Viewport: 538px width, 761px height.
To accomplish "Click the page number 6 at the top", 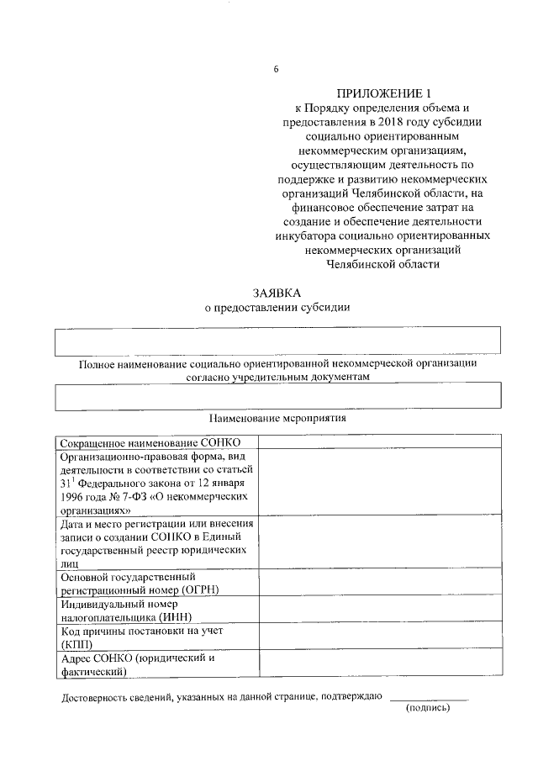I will [x=275, y=69].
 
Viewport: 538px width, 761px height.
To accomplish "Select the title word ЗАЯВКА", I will [x=277, y=293].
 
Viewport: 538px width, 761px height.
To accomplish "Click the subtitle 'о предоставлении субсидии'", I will [x=277, y=307].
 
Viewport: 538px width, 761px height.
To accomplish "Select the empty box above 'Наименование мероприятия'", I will [x=277, y=395].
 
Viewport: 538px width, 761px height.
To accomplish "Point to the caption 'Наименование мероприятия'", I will [x=277, y=417].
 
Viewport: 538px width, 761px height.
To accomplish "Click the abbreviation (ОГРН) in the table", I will [x=194, y=589].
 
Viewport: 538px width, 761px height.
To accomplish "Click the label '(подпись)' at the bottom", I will [x=428, y=709].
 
